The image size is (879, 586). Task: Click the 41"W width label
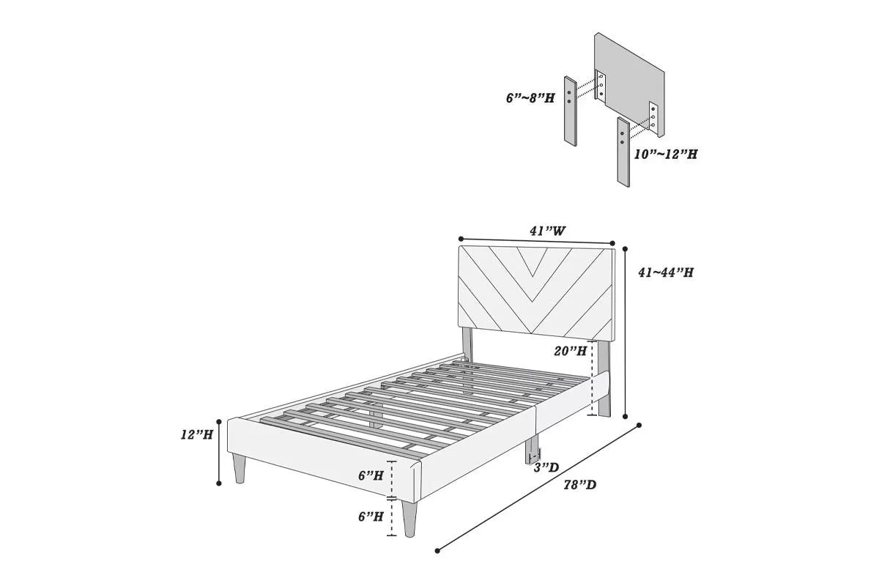coord(548,231)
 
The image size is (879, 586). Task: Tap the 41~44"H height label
coord(666,272)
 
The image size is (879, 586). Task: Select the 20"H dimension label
coord(571,351)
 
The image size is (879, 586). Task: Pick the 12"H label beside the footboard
coord(197,434)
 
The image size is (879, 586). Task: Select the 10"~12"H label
coord(666,155)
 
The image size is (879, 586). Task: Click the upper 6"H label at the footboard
coord(371,475)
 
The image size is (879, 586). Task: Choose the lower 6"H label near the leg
coord(371,516)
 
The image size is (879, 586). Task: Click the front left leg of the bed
coord(239,468)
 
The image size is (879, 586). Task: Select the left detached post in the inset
coord(571,110)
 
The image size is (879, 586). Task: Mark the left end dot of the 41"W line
coord(460,239)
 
